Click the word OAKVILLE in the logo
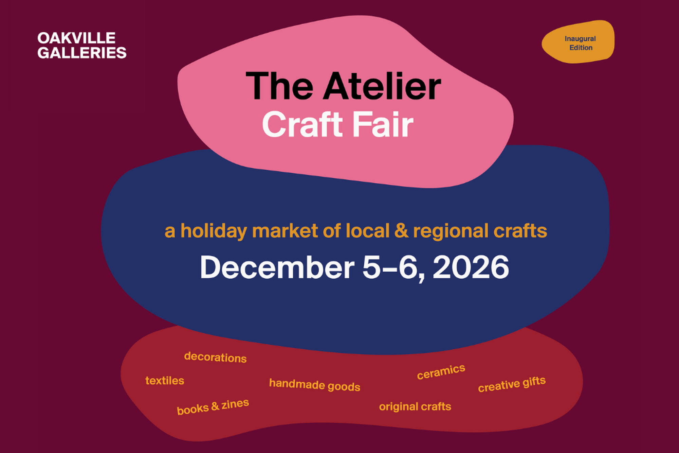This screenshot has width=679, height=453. pos(76,38)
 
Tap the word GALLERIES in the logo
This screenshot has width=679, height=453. pos(82,53)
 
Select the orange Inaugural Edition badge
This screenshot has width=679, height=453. pos(578,42)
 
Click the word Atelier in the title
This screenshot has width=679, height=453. pos(382,86)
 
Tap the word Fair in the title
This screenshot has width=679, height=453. pos(383,125)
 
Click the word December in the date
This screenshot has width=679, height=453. pos(277,267)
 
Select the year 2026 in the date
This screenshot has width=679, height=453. pos(471,267)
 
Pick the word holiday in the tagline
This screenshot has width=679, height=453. pos(214,231)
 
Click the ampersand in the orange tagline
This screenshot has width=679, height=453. pos(401,231)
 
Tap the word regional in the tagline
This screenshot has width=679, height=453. pos(451,231)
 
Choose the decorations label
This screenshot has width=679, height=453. pos(215,357)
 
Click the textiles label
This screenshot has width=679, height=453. pos(165,381)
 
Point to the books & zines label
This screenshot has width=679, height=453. pos(213,406)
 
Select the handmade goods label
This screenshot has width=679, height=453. pos(315,385)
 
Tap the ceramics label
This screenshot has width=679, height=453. pos(441,371)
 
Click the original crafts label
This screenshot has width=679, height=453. pos(415,407)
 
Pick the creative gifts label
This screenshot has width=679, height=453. pos(512,384)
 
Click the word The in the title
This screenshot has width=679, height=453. pos(279,86)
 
